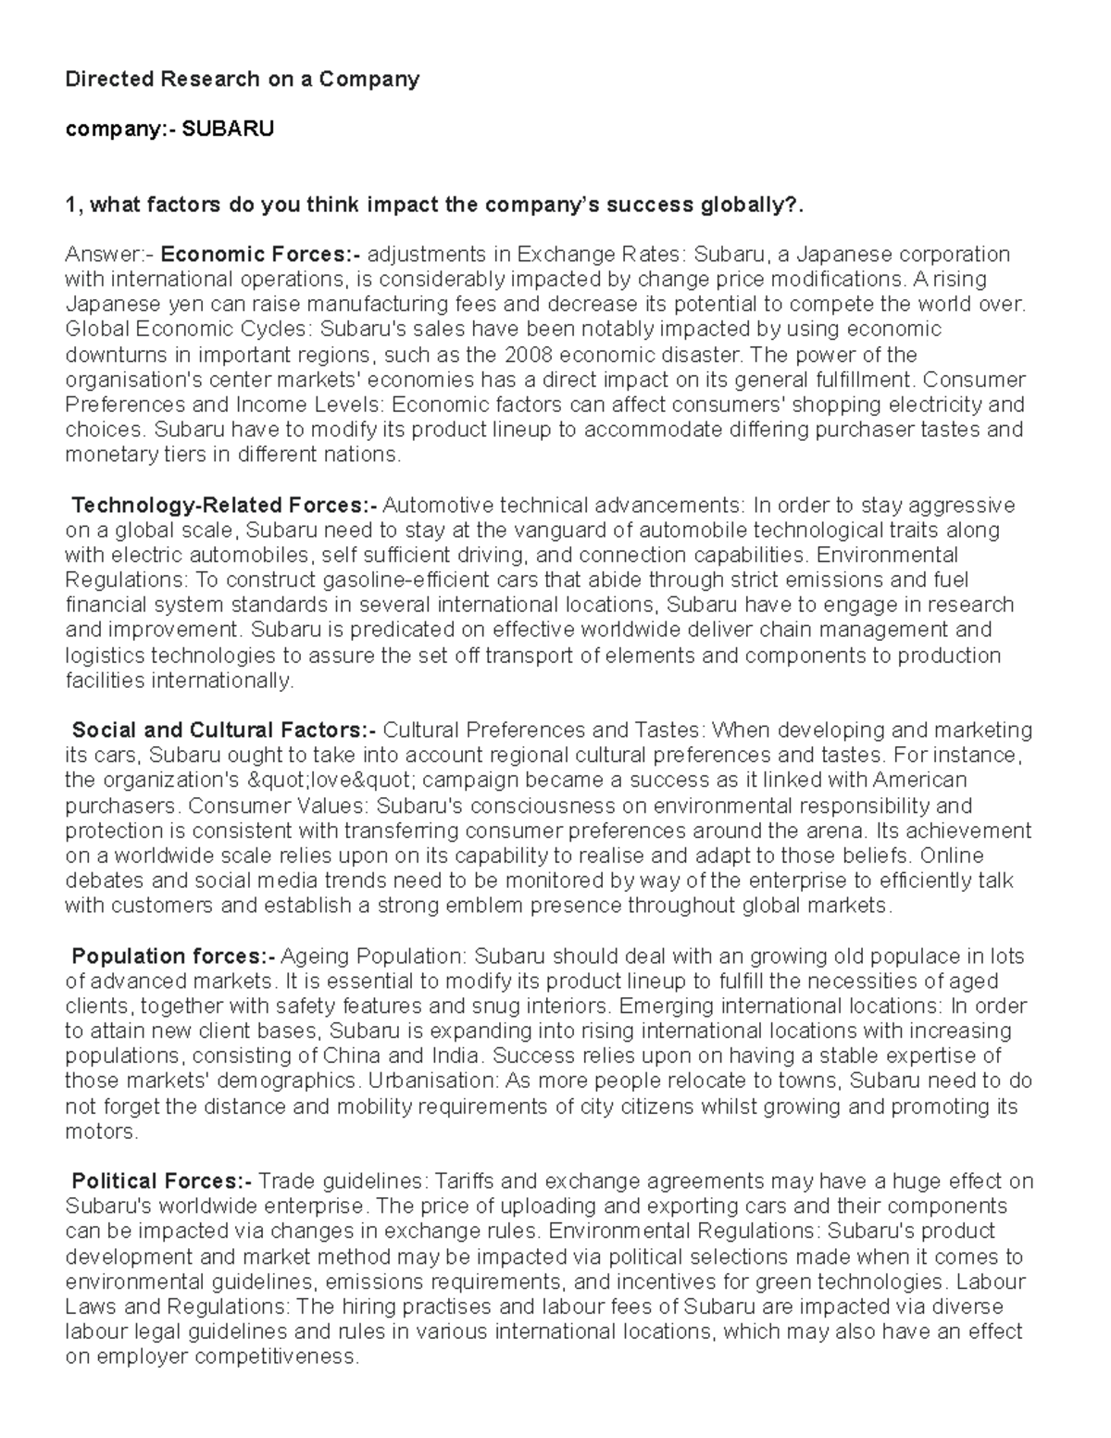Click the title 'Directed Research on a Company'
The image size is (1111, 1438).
click(x=242, y=79)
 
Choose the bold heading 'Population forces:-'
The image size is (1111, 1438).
click(x=173, y=956)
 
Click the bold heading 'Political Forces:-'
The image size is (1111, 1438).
click(x=161, y=1181)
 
